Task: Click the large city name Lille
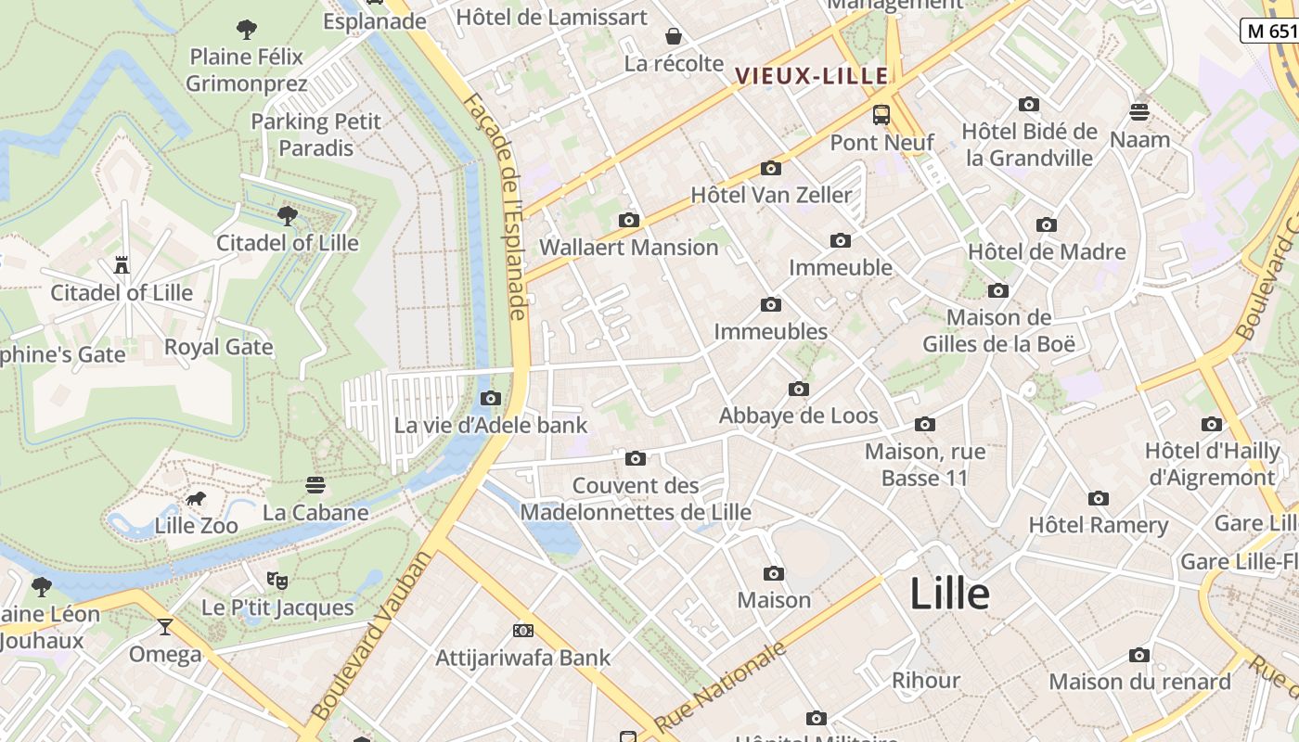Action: (x=949, y=594)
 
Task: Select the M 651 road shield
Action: (x=1269, y=30)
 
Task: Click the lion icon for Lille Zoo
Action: (x=196, y=500)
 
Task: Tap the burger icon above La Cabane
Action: (x=315, y=485)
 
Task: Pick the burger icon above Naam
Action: (x=1139, y=112)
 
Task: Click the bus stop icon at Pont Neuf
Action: (x=881, y=115)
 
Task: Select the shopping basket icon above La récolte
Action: (x=674, y=36)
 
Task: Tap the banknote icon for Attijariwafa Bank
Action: (x=523, y=631)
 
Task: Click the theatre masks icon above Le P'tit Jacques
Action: (x=277, y=581)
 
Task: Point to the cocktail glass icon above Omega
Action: (x=165, y=627)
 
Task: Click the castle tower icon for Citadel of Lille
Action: (x=122, y=265)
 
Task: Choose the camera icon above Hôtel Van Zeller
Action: (x=770, y=168)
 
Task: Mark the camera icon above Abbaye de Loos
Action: (x=798, y=389)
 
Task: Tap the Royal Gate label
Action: (x=218, y=347)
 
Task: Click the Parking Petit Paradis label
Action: (x=315, y=134)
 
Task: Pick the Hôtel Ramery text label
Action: (x=1099, y=524)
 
